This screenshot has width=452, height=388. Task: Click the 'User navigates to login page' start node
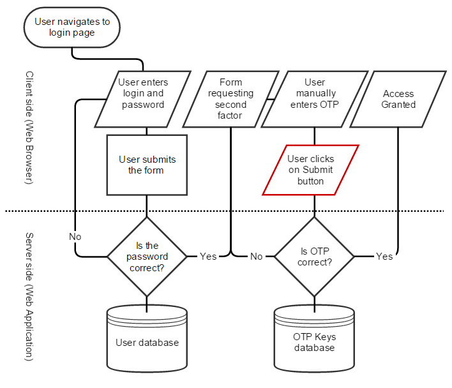[x=72, y=27]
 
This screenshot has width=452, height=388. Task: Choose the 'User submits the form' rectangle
[x=147, y=165]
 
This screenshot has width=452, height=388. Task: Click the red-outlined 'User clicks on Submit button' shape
[x=311, y=170]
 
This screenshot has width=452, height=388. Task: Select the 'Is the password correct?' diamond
[x=147, y=257]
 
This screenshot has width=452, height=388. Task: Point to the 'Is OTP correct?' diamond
[x=314, y=257]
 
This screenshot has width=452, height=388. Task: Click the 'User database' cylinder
[x=147, y=342]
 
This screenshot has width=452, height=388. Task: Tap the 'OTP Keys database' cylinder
[x=314, y=342]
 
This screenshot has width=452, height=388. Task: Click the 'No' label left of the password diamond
[x=75, y=237]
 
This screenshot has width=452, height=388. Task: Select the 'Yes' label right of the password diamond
[x=208, y=257]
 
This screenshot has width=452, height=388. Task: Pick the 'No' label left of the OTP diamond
[x=256, y=257]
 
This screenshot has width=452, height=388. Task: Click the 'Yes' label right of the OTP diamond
[x=384, y=257]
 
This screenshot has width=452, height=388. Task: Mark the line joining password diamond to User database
[x=147, y=301]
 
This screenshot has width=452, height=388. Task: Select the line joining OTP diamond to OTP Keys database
[x=314, y=301]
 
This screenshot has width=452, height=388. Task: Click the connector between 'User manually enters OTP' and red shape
[x=314, y=136]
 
